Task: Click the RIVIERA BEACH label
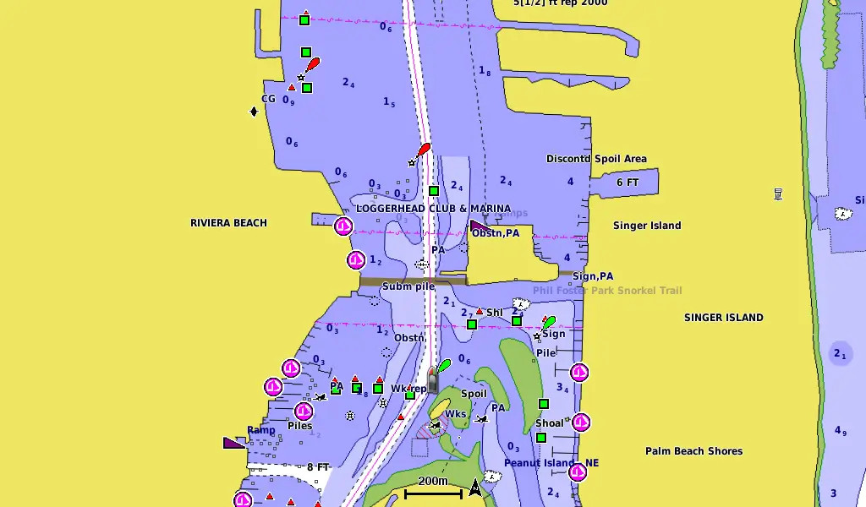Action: (x=228, y=223)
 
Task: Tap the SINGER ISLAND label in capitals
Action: (x=723, y=318)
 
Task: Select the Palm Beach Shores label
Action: (x=693, y=451)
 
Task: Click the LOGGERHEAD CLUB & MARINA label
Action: (x=433, y=209)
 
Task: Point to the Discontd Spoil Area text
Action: (x=596, y=159)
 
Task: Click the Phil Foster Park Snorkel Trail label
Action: (x=606, y=291)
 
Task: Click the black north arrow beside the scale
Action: (x=474, y=488)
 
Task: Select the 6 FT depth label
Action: (x=628, y=183)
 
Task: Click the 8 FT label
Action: (x=318, y=467)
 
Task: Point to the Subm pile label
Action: (x=408, y=286)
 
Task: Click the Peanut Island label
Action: (x=540, y=463)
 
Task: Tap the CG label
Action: (x=268, y=99)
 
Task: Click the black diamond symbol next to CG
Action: (x=253, y=112)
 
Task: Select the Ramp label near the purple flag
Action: (x=261, y=430)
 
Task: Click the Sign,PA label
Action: (x=593, y=276)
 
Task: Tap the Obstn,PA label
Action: (x=496, y=233)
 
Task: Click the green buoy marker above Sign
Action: (x=549, y=322)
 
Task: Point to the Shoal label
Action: (x=549, y=423)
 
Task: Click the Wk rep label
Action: (x=408, y=390)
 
